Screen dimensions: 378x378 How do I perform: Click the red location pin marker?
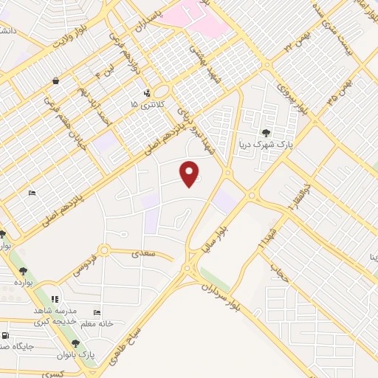click(190, 173)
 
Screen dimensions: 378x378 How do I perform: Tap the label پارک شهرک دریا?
click(264, 145)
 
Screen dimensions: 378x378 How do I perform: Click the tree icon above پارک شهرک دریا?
click(286, 134)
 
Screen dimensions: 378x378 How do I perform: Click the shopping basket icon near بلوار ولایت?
click(56, 80)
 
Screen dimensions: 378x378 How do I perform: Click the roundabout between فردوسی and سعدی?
click(105, 251)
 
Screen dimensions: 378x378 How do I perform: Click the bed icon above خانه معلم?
click(96, 313)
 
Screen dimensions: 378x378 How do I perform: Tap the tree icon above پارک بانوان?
click(75, 343)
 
